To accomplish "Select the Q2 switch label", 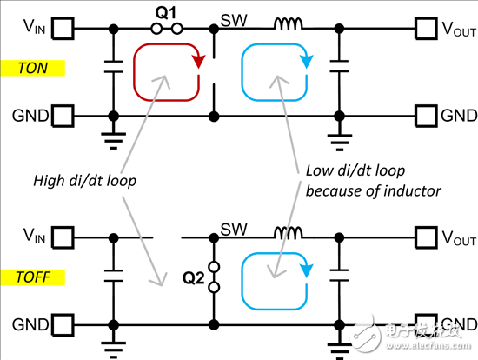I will (x=194, y=281).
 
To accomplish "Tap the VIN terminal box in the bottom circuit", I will (x=63, y=235).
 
